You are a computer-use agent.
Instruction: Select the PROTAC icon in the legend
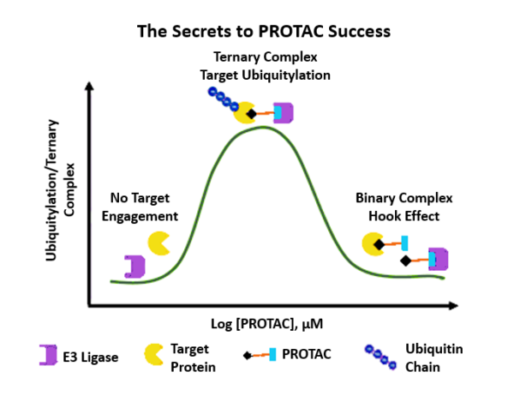point(260,354)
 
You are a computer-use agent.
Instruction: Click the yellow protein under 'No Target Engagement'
point(159,242)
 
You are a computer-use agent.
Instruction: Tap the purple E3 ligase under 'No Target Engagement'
point(134,266)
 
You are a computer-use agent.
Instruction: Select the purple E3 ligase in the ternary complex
point(284,113)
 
